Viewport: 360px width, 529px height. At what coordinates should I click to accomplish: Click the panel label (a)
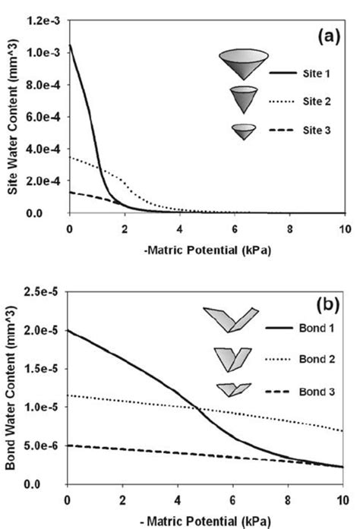click(x=327, y=36)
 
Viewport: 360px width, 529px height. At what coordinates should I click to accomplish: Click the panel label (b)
click(x=328, y=307)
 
